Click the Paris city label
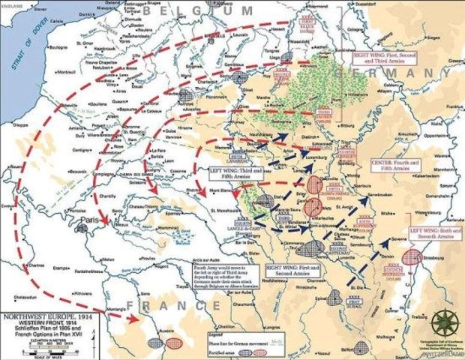tap(90, 221)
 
